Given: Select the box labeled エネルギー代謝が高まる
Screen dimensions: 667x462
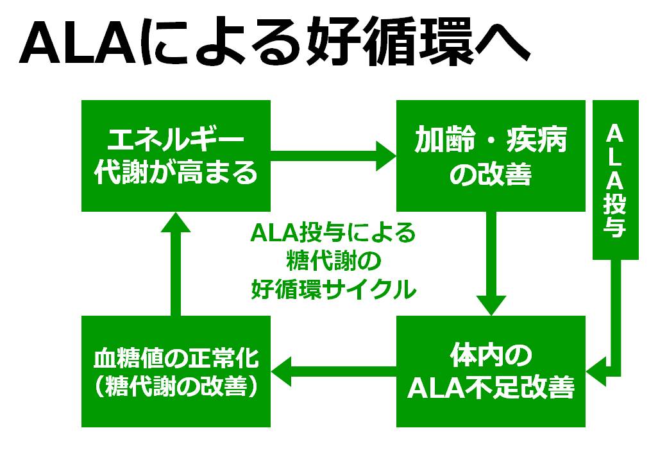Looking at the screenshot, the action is click(x=176, y=156).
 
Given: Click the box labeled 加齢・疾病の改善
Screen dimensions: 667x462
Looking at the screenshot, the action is click(x=491, y=156).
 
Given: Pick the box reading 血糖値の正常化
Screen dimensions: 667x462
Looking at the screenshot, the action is click(x=176, y=372).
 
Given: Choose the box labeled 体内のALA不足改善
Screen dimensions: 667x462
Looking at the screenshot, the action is click(x=491, y=372).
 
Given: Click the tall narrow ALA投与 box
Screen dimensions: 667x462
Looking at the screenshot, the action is click(x=616, y=180).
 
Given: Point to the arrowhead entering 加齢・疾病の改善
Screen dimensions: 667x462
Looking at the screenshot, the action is click(x=386, y=156).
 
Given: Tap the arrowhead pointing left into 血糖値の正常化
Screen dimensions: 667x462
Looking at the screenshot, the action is click(x=281, y=372).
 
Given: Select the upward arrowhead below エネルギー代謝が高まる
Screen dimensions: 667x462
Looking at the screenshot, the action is click(x=175, y=221).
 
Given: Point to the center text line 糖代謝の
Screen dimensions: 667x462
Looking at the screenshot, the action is click(x=333, y=261).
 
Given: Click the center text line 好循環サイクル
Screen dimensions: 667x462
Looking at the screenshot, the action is click(x=333, y=289).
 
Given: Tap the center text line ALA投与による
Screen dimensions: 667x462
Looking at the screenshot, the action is click(x=333, y=233).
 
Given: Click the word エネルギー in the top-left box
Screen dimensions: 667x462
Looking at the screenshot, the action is click(x=176, y=139).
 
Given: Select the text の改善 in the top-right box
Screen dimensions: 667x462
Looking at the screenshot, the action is click(x=491, y=174).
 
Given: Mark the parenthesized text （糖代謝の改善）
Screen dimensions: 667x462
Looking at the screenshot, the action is click(x=176, y=386).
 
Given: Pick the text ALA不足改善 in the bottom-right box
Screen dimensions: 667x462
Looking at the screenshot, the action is click(x=491, y=387).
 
